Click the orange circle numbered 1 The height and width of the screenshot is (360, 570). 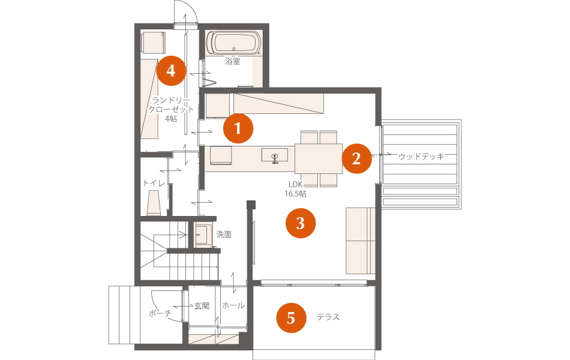[x=238, y=128]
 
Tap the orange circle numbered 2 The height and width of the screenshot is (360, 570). [x=356, y=158]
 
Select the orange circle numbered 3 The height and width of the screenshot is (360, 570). [x=301, y=223]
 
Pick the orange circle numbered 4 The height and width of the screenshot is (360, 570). [x=171, y=71]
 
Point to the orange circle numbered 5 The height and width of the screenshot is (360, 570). [x=291, y=318]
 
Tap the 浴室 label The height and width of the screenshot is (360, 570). [x=233, y=61]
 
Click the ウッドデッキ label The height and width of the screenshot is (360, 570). [x=421, y=157]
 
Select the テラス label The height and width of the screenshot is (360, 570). [x=328, y=317]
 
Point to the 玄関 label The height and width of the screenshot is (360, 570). [x=202, y=306]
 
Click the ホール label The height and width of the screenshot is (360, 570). [x=233, y=305]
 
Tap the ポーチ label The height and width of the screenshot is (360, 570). [x=160, y=313]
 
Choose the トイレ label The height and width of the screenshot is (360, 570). [x=154, y=182]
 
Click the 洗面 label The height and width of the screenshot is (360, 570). [x=224, y=235]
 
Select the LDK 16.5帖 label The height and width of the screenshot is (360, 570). [x=295, y=189]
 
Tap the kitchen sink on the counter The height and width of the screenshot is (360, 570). [x=275, y=155]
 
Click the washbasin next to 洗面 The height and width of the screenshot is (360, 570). [x=203, y=236]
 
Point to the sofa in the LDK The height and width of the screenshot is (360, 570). [x=360, y=241]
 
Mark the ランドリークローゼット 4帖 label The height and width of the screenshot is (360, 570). [x=171, y=109]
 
